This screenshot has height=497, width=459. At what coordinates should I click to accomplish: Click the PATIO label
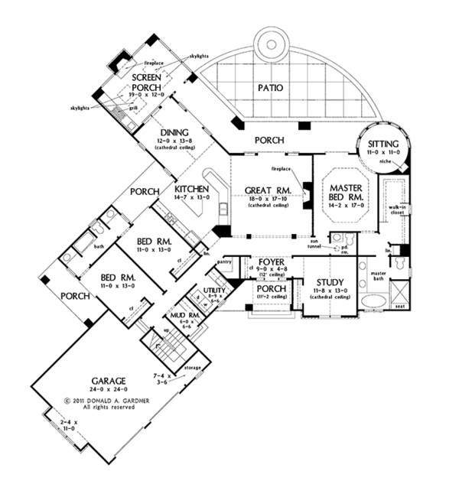(x=269, y=88)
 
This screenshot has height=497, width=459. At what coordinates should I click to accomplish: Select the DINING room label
(x=163, y=132)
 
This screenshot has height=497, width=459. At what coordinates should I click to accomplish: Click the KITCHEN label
(x=193, y=190)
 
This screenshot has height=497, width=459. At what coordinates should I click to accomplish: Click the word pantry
(x=224, y=262)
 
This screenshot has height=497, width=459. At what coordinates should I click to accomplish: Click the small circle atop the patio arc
(x=269, y=43)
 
